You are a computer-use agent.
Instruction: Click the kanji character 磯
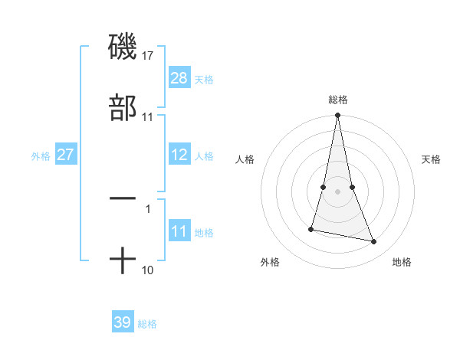123,47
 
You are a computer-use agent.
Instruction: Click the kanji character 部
123,108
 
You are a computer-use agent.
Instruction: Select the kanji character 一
123,198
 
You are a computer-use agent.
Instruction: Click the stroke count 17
148,55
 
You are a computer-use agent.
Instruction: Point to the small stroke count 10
148,270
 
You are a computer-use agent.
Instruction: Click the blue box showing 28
179,78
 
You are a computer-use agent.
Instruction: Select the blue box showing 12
179,155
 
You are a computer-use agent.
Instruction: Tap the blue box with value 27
66,155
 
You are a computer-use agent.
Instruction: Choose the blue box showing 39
123,322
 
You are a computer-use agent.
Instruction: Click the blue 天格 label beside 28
204,79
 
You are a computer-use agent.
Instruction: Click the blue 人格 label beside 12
204,155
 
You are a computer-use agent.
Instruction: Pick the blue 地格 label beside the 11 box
204,233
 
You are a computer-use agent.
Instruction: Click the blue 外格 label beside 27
41,155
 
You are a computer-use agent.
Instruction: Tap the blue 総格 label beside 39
147,324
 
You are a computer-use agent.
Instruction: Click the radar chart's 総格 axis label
338,100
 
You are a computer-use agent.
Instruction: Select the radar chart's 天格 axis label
432,159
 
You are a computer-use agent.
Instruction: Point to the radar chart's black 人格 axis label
245,159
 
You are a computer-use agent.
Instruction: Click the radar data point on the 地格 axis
374,242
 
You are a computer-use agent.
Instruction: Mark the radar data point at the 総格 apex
338,116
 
